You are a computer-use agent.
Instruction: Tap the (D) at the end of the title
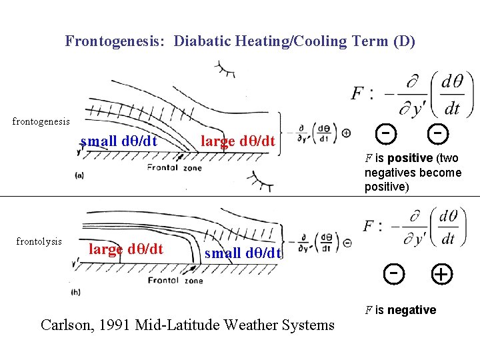coord(404,41)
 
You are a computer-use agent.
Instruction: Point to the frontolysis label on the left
coord(39,241)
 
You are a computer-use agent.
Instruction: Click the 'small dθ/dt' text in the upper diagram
coord(119,141)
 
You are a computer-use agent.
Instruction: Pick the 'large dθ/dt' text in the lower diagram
coord(126,249)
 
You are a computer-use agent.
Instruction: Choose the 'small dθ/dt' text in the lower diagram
coord(243,253)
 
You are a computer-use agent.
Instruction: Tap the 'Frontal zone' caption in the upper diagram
coord(174,168)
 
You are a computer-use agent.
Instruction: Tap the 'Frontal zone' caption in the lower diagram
coord(175,281)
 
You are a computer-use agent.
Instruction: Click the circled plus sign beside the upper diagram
coord(346,133)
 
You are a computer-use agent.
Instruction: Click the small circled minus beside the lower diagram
coord(347,243)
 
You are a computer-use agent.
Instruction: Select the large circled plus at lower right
coord(440,274)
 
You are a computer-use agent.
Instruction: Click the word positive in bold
coord(409,158)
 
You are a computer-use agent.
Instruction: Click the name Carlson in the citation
coord(65,325)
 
